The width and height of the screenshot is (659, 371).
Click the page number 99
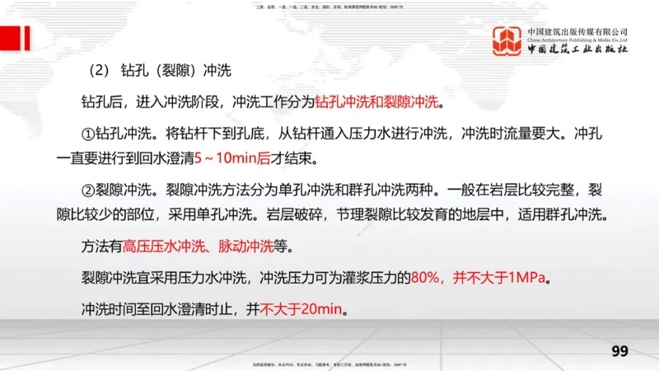(619, 351)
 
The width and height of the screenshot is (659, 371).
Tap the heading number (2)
(97, 70)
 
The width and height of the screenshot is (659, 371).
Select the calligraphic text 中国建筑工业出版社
(577, 50)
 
